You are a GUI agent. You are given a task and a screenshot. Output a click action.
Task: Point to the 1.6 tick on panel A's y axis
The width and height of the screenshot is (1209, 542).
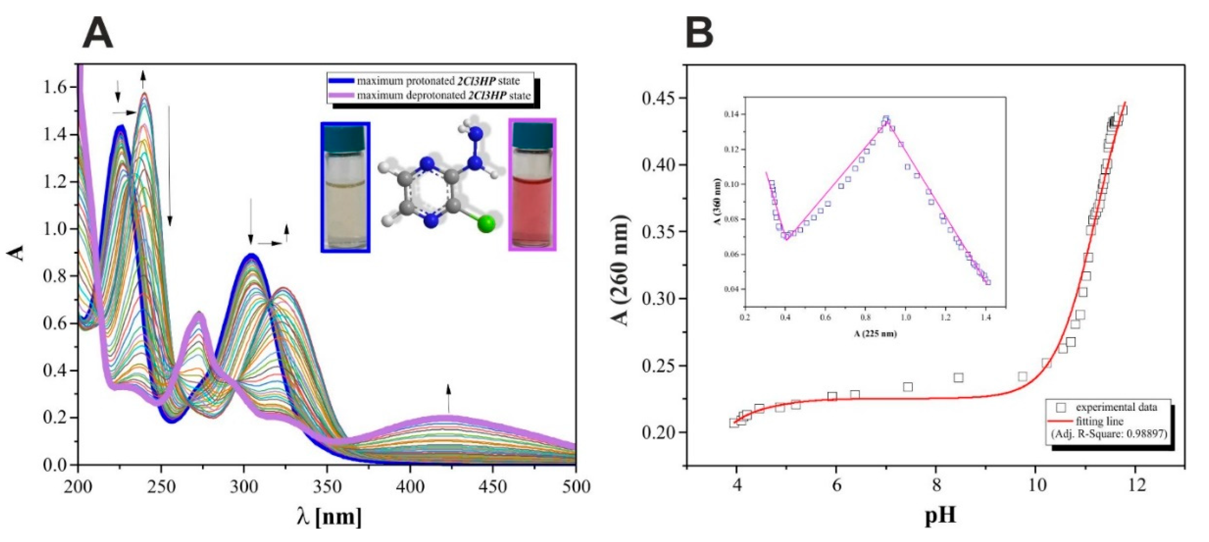pyautogui.click(x=55, y=87)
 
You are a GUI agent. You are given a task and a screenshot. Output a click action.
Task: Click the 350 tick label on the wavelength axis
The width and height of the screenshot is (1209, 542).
pyautogui.click(x=327, y=487)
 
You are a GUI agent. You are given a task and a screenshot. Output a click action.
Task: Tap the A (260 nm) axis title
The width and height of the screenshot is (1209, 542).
pyautogui.click(x=622, y=270)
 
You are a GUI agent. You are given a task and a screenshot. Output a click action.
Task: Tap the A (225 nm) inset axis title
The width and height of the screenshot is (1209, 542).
pyautogui.click(x=875, y=334)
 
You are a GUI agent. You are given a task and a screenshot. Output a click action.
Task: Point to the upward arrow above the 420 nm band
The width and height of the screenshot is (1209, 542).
pyautogui.click(x=448, y=397)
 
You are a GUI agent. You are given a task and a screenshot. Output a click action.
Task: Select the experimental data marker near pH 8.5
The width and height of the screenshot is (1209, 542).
pyautogui.click(x=958, y=378)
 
